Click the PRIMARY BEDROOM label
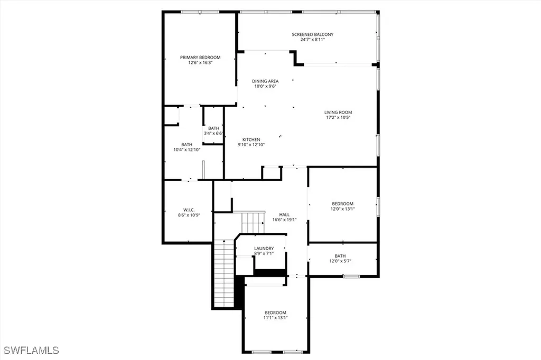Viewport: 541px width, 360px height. (x=200, y=57)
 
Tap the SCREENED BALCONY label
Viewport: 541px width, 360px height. (x=313, y=34)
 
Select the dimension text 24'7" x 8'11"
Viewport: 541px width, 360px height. (x=313, y=40)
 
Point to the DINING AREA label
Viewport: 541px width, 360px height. (x=265, y=81)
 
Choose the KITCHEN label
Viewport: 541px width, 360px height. (x=251, y=139)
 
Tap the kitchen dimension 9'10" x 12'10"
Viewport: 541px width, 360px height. (x=251, y=145)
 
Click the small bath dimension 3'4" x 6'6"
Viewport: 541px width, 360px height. (x=213, y=133)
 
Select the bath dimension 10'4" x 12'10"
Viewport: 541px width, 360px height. (x=187, y=150)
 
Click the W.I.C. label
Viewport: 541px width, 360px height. (x=189, y=210)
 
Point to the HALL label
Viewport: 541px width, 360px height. (x=284, y=214)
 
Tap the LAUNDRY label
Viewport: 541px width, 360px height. (x=264, y=249)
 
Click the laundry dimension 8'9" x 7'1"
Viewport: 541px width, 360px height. (x=264, y=254)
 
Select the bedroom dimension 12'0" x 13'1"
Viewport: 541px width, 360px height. (x=342, y=209)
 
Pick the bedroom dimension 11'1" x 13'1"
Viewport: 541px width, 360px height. (x=275, y=318)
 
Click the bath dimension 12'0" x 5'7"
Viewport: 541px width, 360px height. (x=340, y=261)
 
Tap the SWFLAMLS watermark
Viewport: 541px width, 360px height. (x=32, y=350)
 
